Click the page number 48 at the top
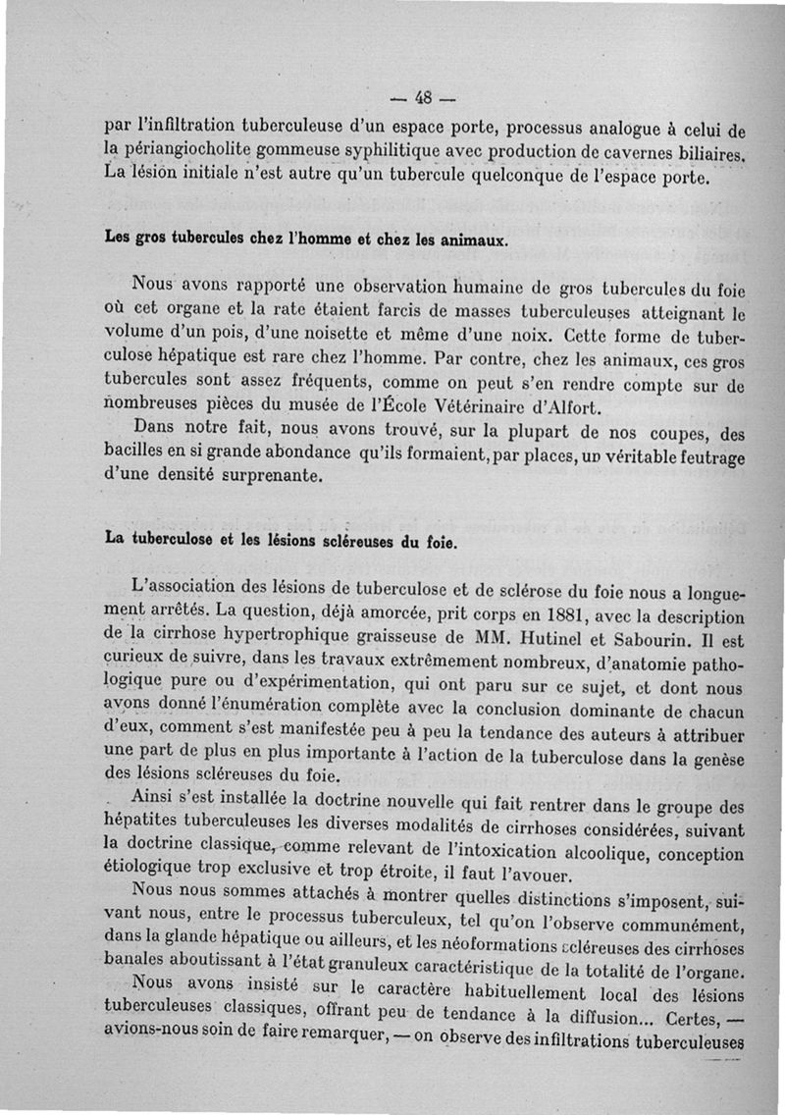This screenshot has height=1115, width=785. [424, 97]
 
